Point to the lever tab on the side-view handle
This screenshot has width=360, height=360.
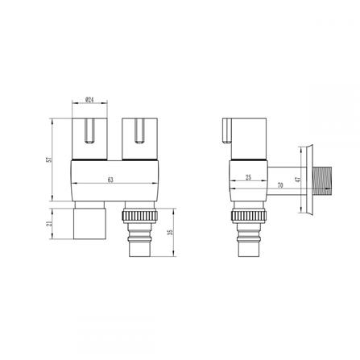(226, 129)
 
